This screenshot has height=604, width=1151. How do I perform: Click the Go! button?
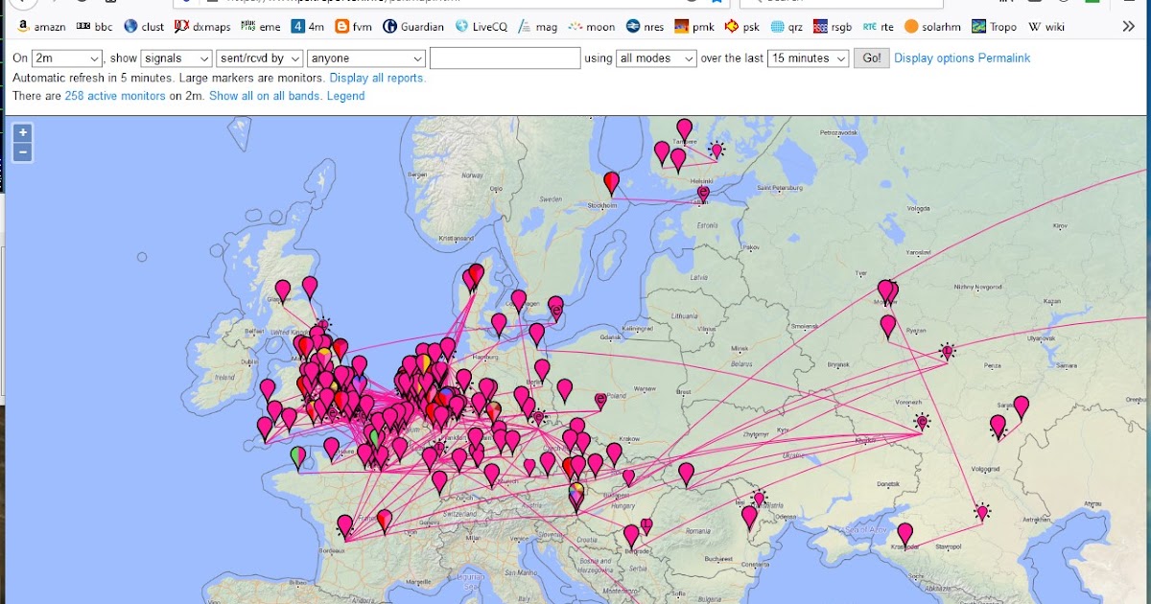pos(871,58)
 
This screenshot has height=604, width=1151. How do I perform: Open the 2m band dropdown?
pos(66,58)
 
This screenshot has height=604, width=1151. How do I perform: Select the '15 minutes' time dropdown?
pos(810,58)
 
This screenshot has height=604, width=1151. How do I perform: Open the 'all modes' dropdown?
pos(655,58)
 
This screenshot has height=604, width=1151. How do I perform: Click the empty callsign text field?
pos(505,58)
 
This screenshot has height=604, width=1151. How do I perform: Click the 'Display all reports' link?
pos(377,78)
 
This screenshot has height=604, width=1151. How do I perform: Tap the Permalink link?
pos(1004,58)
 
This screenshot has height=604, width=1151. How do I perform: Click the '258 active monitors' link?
pos(115,96)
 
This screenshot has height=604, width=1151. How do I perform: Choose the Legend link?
pos(345,96)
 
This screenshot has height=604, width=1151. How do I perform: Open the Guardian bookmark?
pos(413,27)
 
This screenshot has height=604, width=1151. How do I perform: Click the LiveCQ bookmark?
pos(482,27)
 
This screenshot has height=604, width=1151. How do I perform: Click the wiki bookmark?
pos(1047,27)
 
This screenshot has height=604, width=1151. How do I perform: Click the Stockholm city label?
pos(602,205)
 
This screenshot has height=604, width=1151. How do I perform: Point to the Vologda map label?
pos(919,207)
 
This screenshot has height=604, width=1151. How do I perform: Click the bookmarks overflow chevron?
pos(1128,27)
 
